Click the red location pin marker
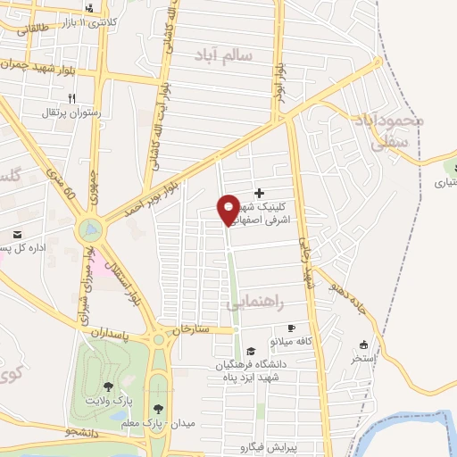click(228, 209)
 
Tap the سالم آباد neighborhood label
click(224, 55)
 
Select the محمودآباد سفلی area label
click(389, 129)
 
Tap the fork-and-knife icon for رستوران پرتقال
click(72, 99)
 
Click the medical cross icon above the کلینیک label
click(260, 192)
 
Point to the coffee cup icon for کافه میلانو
click(316, 328)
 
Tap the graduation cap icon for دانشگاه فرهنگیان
click(251, 351)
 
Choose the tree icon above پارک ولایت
click(108, 386)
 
